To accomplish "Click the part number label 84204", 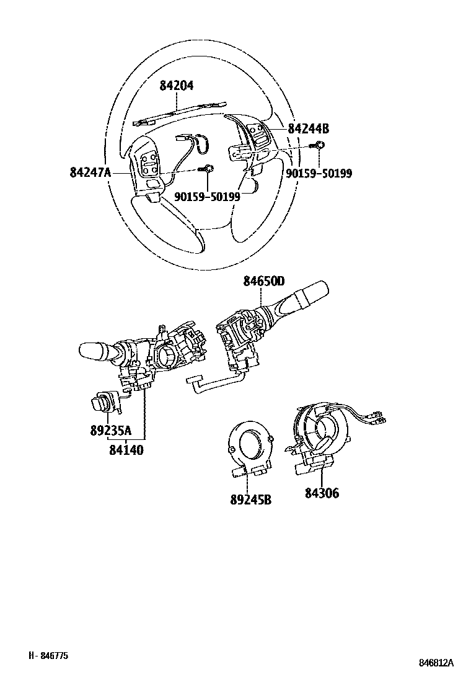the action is [x=176, y=86].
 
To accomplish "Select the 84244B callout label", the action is [x=309, y=128].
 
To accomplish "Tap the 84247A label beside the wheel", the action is [x=90, y=172].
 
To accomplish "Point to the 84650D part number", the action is [x=264, y=281].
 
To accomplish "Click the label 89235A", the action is [x=111, y=430].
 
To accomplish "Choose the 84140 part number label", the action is [x=126, y=450].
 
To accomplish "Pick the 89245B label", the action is [x=250, y=500].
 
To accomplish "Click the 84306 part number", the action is [x=322, y=493].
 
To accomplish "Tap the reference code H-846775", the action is [x=48, y=655].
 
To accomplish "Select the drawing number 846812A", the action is [x=436, y=663].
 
